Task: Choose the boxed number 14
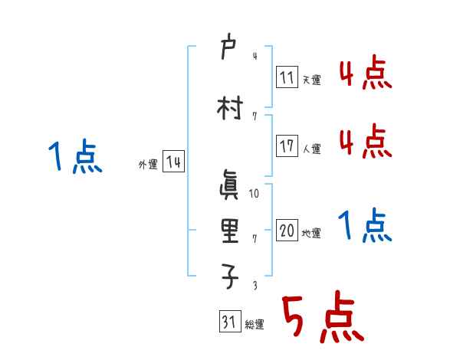pyautogui.click(x=173, y=162)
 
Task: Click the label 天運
pyautogui.click(x=311, y=80)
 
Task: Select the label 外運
pyautogui.click(x=147, y=165)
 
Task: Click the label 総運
pyautogui.click(x=254, y=325)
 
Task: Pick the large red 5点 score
pyautogui.click(x=321, y=318)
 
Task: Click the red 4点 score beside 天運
pyautogui.click(x=365, y=75)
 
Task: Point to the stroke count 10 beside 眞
pyautogui.click(x=255, y=194)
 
